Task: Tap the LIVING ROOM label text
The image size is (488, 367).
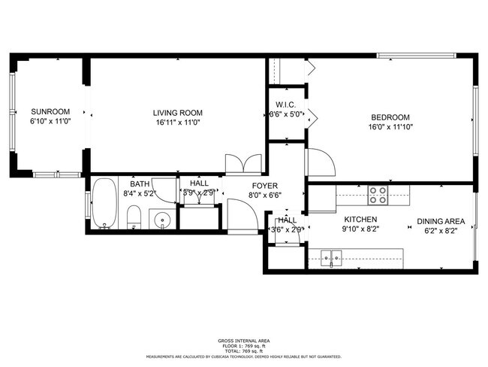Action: (179, 113)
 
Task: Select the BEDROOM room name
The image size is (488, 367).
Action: (390, 117)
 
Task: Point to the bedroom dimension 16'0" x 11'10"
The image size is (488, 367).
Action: (390, 127)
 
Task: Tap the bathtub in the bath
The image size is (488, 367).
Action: (104, 204)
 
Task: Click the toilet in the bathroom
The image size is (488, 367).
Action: (134, 217)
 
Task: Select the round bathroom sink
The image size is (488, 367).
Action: (162, 221)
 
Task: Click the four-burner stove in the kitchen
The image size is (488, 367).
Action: (378, 195)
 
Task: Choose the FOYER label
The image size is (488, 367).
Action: (264, 186)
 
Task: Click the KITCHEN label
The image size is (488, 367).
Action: (359, 220)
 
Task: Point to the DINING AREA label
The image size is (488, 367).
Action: (441, 222)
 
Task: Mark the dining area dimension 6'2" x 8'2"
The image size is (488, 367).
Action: (441, 232)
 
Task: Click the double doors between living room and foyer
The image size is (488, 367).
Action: (244, 163)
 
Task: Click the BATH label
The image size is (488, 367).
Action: (140, 183)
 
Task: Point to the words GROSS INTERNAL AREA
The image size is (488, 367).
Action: (244, 340)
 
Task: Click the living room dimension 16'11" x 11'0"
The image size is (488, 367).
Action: (179, 123)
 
